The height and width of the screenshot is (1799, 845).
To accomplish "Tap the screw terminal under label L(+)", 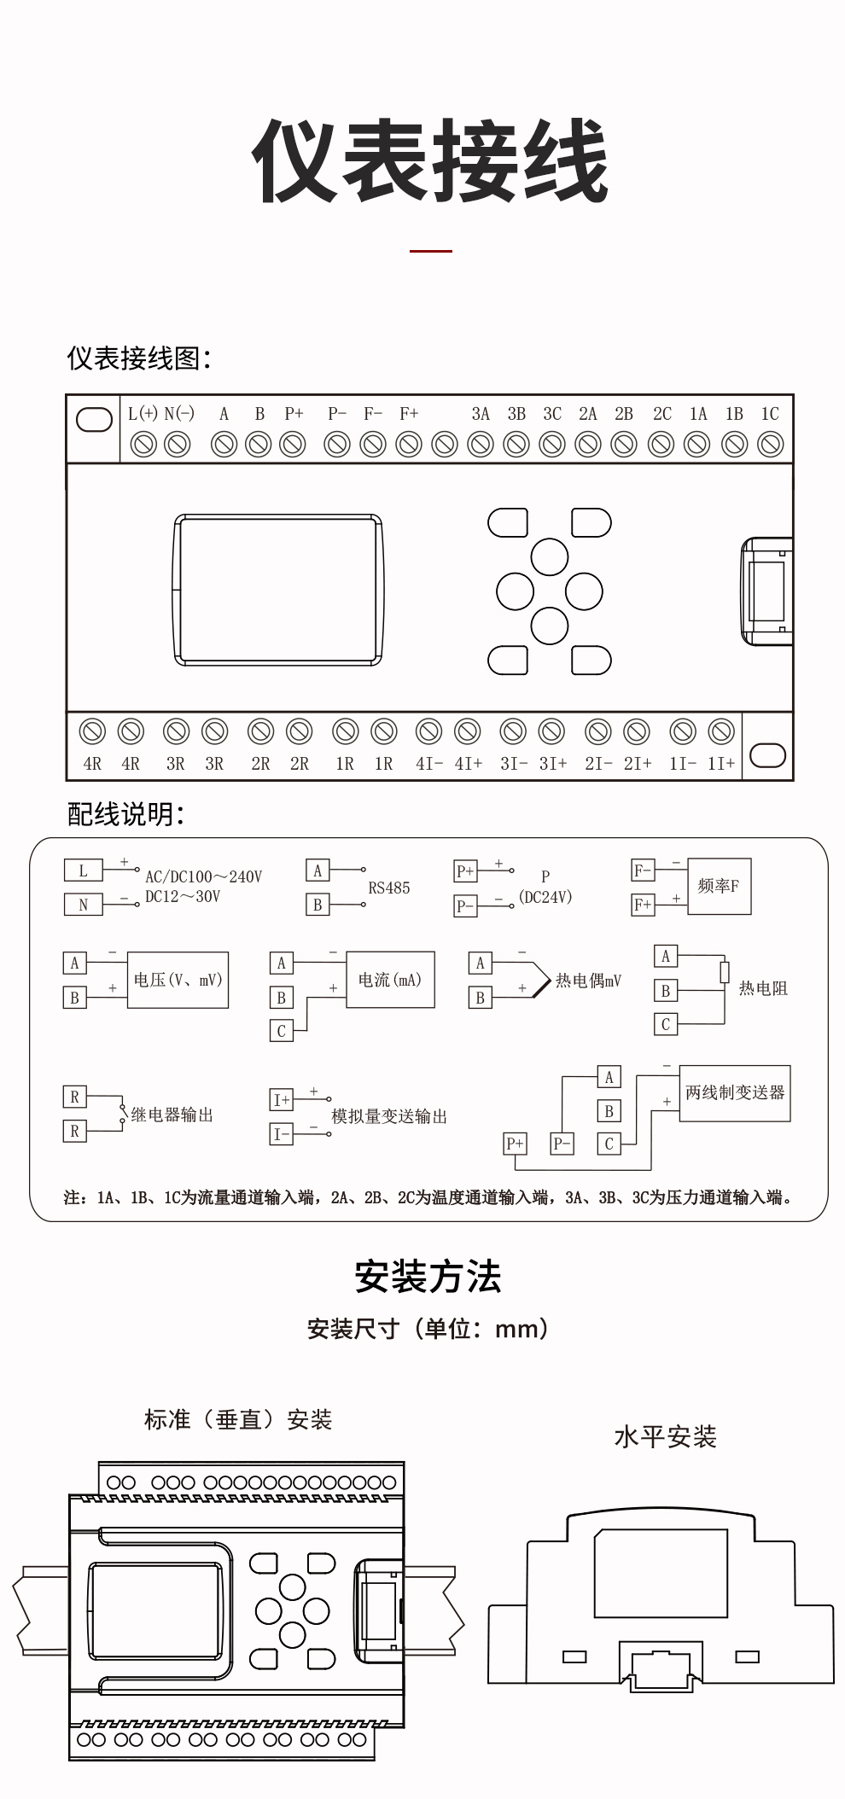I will coord(143,445).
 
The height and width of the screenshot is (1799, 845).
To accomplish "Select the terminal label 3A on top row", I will coord(481,414).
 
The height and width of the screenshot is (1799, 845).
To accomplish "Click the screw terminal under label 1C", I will coord(770,445).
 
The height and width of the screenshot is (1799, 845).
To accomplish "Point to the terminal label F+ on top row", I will coord(409,414).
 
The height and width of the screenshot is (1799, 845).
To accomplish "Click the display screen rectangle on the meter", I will coord(277,589).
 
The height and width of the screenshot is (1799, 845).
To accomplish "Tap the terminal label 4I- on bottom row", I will coord(428,764).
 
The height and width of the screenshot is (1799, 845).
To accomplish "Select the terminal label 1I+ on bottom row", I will coord(721,764).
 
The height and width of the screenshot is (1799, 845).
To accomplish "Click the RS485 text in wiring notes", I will coord(389,888).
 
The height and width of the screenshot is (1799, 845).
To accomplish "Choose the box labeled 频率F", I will coord(719,887).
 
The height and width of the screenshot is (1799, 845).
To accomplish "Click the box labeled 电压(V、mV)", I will coord(178,980).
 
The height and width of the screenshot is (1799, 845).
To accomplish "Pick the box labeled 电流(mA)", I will coord(390,980).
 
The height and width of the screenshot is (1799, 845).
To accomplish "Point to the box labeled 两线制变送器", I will coord(735,1093).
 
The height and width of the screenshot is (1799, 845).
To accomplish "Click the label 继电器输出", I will coord(172,1115).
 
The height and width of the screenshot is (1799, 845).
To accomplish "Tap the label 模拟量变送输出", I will coord(389,1117).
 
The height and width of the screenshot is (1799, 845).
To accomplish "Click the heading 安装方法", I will coord(428,1277).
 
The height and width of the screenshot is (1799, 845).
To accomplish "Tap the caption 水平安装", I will coord(665,1437).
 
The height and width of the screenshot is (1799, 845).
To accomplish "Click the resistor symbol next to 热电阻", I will coord(725,972).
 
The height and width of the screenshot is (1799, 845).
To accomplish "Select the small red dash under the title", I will coord(430,251).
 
